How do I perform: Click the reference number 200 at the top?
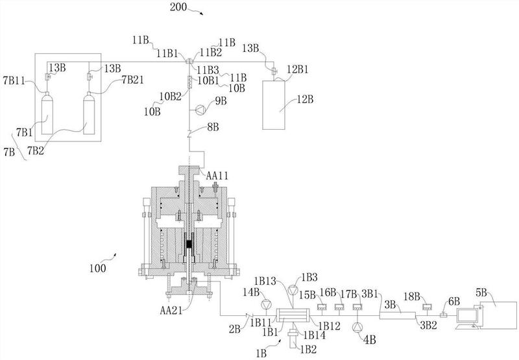click(x=178, y=7)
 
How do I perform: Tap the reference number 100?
click(x=98, y=268)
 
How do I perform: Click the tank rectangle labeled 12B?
click(x=274, y=105)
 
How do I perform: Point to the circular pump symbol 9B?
click(x=200, y=110)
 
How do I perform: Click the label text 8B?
click(x=213, y=127)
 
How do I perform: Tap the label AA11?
click(x=217, y=176)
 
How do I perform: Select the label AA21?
click(x=171, y=310)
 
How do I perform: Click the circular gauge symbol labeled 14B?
click(x=266, y=304)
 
